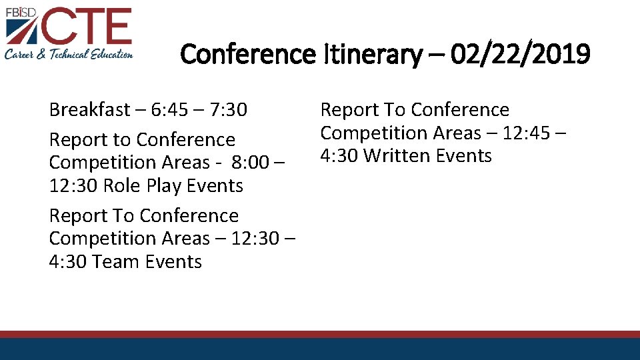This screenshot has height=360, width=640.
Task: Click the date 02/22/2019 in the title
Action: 520,54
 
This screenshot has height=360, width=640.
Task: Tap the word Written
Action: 397,156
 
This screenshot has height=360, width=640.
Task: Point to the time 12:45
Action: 527,133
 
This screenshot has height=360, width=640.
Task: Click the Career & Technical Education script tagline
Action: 69,55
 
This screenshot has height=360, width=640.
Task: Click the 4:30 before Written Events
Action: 339,156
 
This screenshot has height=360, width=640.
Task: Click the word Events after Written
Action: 464,156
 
